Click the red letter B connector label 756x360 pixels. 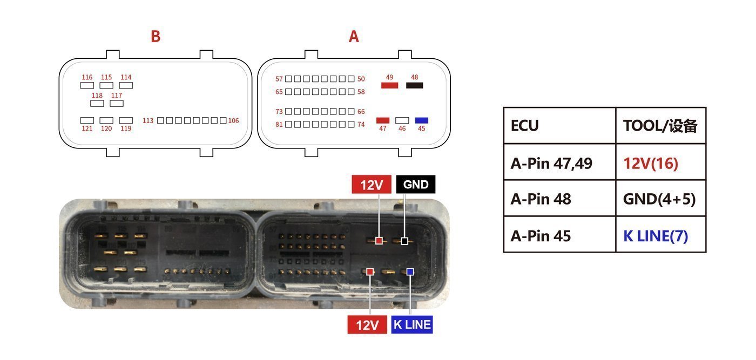point(156,37)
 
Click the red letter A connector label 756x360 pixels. point(354,37)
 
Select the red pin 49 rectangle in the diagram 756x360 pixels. point(389,85)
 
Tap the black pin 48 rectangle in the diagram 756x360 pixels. point(415,85)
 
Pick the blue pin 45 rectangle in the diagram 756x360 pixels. point(422,120)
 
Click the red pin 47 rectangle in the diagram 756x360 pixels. point(383,120)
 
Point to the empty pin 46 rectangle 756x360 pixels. point(402,120)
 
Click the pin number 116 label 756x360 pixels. point(87,77)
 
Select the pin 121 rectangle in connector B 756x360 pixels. point(87,120)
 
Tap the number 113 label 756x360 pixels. point(148,120)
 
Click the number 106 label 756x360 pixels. point(233,120)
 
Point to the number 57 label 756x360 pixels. point(279,79)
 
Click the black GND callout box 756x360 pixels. point(416,184)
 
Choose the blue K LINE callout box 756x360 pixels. point(412,324)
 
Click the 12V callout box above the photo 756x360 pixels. point(372,184)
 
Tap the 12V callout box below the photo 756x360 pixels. point(367,324)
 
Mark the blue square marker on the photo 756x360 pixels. point(410,271)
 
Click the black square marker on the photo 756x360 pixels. point(404,241)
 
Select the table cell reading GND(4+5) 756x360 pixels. point(661,199)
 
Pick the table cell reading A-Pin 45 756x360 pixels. point(559,235)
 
